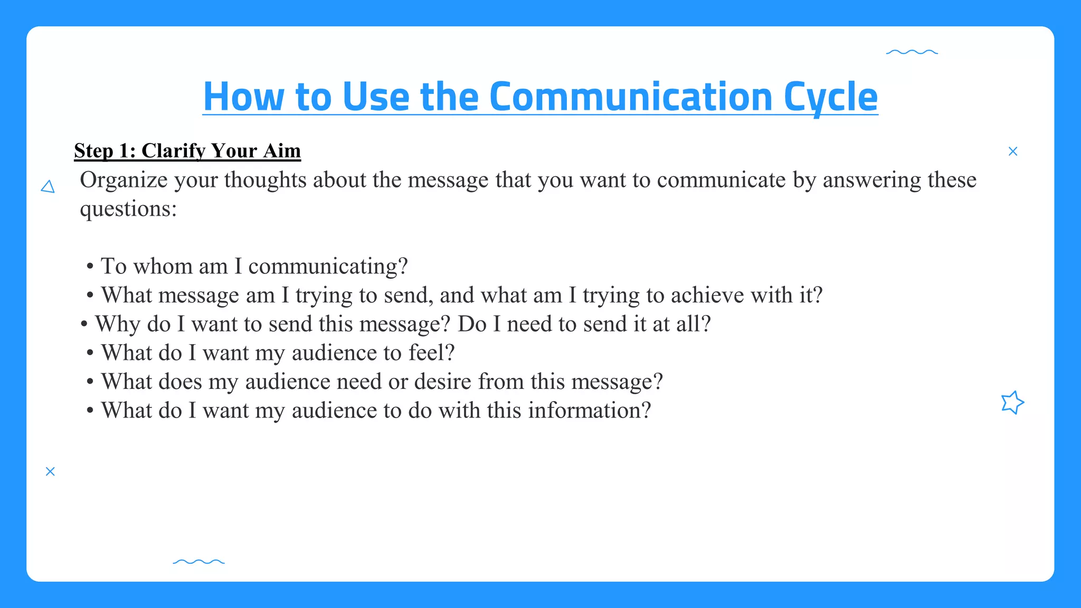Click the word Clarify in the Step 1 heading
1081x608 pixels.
click(174, 151)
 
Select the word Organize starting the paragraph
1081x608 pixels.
click(124, 180)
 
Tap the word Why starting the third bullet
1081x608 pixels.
click(117, 324)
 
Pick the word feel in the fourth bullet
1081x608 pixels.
click(426, 353)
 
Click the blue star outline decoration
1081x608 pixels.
click(1012, 403)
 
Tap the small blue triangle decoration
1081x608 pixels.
click(48, 187)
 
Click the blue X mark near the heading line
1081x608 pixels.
click(1012, 151)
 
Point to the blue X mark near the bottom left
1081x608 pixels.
click(50, 471)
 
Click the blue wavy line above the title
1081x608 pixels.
click(912, 52)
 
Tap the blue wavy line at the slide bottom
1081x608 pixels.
click(198, 562)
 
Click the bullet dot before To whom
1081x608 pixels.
click(90, 267)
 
